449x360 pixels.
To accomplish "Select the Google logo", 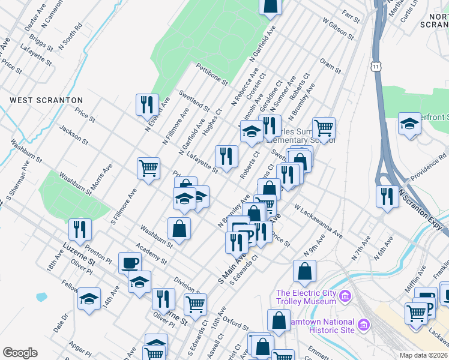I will pyautogui.click(x=20, y=353).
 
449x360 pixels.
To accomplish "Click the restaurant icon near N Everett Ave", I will pyautogui.click(x=146, y=104).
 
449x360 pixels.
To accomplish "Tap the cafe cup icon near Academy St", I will pyautogui.click(x=130, y=262).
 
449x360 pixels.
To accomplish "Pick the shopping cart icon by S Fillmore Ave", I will pyautogui.click(x=148, y=167).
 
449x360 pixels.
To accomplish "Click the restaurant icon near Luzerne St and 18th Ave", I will pyautogui.click(x=79, y=229).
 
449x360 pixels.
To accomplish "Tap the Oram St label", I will pyautogui.click(x=331, y=67).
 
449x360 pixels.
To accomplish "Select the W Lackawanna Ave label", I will pyautogui.click(x=318, y=223).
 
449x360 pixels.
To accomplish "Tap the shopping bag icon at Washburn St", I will pyautogui.click(x=179, y=228).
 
